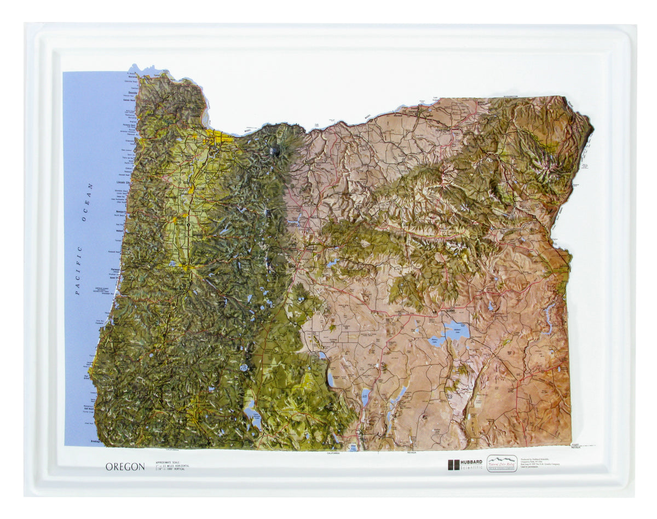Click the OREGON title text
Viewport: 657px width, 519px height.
[125, 467]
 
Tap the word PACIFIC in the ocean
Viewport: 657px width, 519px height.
[78, 271]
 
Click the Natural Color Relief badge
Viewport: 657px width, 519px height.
[502, 463]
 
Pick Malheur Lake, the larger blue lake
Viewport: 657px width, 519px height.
[457, 331]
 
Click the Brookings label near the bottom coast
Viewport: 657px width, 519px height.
[96, 440]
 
